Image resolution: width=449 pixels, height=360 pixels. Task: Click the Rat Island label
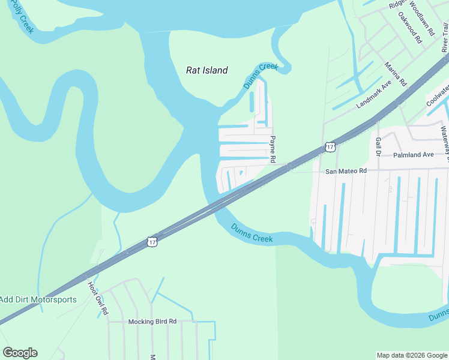coord(206,70)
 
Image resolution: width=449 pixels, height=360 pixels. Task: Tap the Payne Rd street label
coord(272,149)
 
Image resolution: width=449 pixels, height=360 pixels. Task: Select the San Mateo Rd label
coord(346,171)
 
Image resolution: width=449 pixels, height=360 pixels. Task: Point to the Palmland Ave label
coord(413,155)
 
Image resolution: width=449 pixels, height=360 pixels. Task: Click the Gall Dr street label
coord(378,145)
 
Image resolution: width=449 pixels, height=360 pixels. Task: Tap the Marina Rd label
coord(396,73)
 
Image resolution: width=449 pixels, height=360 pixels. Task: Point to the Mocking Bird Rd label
coord(152,322)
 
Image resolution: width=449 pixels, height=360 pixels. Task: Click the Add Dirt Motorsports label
coord(38,299)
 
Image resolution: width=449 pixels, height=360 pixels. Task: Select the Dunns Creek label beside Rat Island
coord(261,76)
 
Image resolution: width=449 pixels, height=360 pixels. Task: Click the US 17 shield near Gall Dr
coord(330,146)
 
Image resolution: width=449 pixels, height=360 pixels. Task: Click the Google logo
coord(20,353)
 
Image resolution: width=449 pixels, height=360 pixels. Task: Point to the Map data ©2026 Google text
coord(412,355)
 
